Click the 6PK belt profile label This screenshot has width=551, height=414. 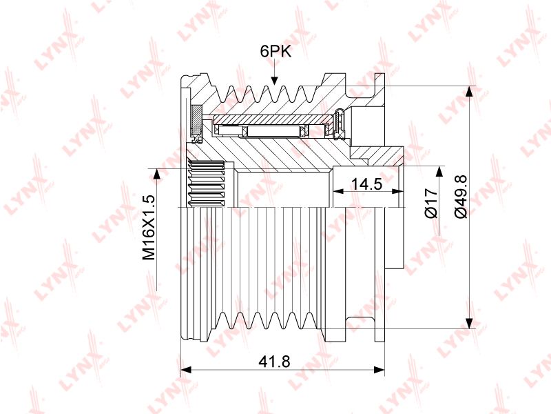276,51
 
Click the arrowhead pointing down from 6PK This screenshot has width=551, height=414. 274,79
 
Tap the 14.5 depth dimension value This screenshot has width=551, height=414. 366,184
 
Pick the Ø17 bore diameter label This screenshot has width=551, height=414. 431,204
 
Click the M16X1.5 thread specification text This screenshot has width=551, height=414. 149,228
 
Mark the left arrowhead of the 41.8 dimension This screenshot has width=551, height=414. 186,370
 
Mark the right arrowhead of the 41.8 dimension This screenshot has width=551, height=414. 380,370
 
